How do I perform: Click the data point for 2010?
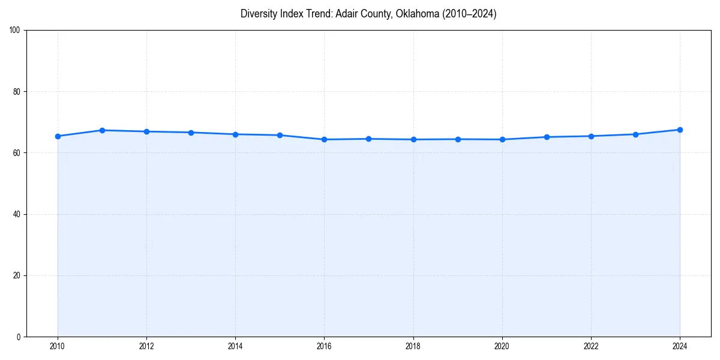58,136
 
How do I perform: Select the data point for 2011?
102,130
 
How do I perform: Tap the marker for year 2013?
191,133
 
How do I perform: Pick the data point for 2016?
324,139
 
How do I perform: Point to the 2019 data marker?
458,139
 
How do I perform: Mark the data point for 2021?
547,137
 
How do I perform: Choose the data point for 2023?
635,134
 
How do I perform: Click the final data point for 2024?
680,130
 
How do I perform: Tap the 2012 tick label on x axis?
146,346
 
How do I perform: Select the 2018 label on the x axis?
413,346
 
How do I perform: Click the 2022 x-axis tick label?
591,346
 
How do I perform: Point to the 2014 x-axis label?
235,346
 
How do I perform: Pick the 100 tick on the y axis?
16,31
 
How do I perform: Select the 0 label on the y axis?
19,337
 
